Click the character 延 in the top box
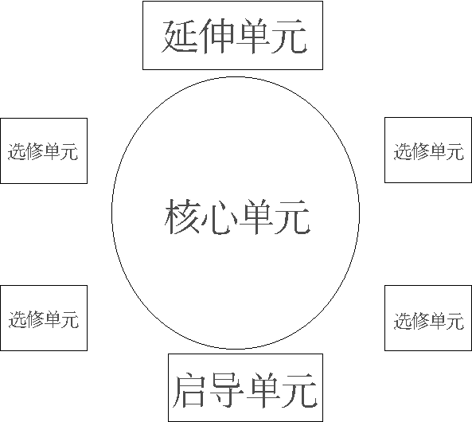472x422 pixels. [x=180, y=36]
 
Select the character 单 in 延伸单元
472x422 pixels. [x=253, y=36]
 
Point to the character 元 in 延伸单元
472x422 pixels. [x=289, y=36]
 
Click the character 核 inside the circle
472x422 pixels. [x=183, y=216]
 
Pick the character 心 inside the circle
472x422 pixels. [x=220, y=217]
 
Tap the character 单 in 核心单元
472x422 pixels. [x=256, y=217]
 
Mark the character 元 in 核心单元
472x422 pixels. [x=293, y=217]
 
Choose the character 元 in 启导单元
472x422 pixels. [x=300, y=390]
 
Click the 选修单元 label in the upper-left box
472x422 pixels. [x=43, y=151]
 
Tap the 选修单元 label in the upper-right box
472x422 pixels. [x=429, y=151]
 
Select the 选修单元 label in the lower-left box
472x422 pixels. [x=44, y=319]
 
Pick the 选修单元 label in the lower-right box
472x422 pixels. [x=429, y=321]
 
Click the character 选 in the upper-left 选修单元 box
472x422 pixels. [x=16, y=151]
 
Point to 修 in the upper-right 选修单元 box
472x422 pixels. [x=420, y=151]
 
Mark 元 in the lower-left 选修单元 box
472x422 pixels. [x=70, y=319]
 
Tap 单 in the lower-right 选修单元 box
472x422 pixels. [x=438, y=321]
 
